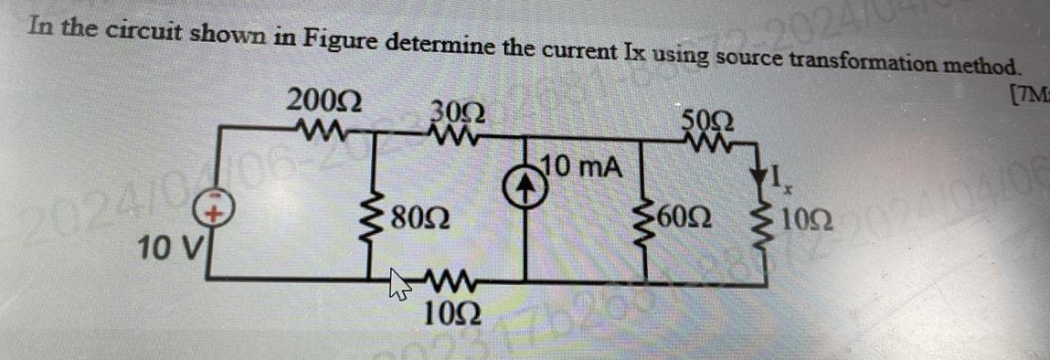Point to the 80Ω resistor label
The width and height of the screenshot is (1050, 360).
point(421,219)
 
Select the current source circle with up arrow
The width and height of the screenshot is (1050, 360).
point(527,184)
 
